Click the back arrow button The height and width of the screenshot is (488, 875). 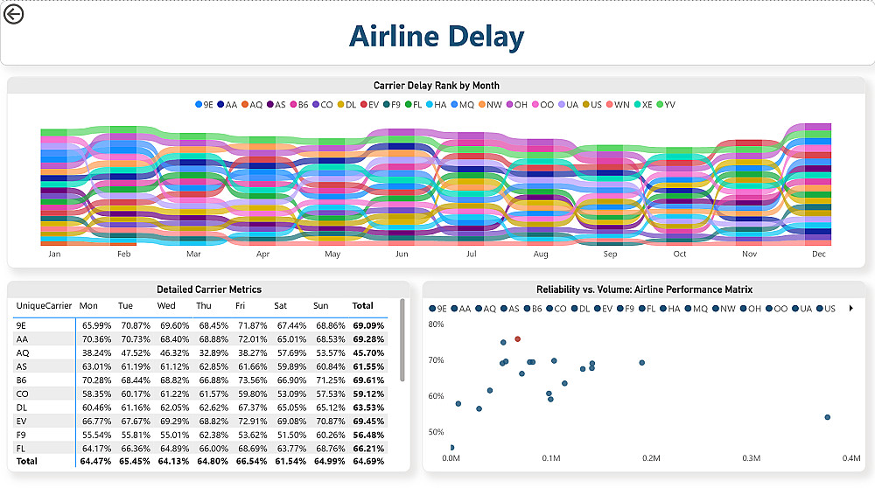[14, 14]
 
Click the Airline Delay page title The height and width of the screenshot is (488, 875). [437, 37]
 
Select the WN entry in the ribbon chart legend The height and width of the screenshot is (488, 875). [618, 105]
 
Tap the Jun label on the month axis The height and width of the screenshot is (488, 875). [402, 254]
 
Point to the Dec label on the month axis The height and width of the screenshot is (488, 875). [819, 254]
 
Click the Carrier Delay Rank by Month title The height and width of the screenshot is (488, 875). [437, 86]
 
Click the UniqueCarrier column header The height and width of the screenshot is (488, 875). [44, 306]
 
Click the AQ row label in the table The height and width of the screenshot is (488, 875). [23, 353]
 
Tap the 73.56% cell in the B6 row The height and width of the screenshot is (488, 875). [251, 381]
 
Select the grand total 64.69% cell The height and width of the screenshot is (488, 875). [368, 461]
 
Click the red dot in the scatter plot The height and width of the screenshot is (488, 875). [518, 338]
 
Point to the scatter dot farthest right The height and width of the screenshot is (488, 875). [827, 417]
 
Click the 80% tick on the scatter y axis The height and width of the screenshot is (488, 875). [436, 324]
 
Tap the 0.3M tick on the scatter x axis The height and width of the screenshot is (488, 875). [751, 458]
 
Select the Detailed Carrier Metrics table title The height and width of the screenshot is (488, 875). [209, 289]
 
